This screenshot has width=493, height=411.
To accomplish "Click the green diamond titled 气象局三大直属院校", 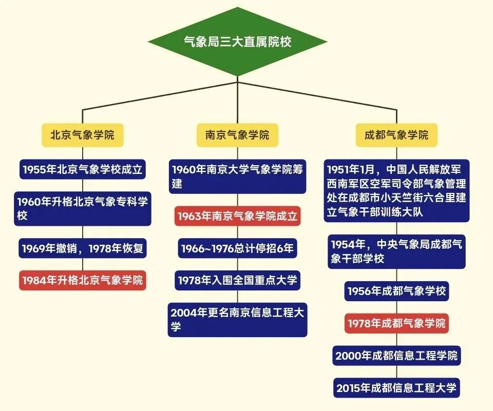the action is tap(237, 42).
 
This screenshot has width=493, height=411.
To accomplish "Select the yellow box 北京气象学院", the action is tap(82, 135).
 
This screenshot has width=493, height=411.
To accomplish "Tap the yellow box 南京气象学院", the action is tap(237, 135).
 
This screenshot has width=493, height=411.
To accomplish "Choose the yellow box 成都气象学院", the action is tap(396, 135).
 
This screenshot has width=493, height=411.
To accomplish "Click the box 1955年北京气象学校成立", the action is tap(82, 169).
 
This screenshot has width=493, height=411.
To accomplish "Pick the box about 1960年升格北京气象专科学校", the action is tap(82, 208).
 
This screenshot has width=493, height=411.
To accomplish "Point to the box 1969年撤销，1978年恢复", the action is tap(82, 249).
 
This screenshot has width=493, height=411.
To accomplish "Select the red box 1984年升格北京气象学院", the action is tap(82, 280).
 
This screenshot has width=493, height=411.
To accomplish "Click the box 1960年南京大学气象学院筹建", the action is tap(237, 177).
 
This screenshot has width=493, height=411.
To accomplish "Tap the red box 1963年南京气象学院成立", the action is tap(237, 216).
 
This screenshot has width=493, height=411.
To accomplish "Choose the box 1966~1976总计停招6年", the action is tap(237, 249).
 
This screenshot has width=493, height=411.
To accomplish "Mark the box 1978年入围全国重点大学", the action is tap(237, 280).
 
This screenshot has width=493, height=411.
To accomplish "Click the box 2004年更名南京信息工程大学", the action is tap(237, 319).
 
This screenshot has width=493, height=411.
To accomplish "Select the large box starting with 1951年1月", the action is tap(396, 190).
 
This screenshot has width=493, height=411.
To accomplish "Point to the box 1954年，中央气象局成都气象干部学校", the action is tap(396, 251).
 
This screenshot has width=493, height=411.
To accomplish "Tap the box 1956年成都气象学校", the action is tap(396, 291).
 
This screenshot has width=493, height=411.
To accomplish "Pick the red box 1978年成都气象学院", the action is tap(396, 324).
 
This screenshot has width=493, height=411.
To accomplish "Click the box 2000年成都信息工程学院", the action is tap(396, 355).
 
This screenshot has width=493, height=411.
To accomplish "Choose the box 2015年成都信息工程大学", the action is tap(396, 387).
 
